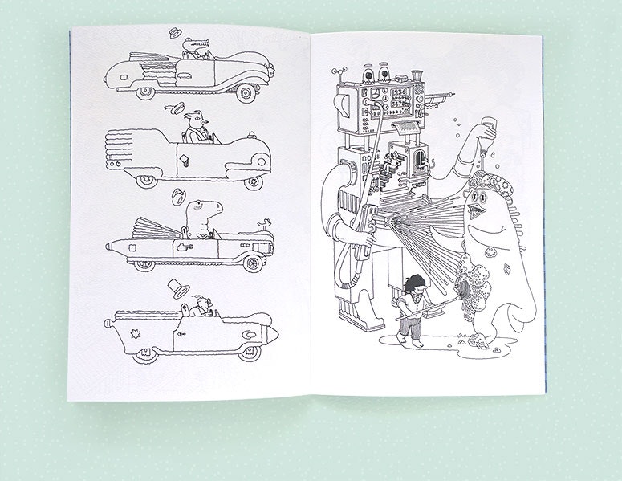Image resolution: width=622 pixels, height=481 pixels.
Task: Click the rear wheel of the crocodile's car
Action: tap(145, 92)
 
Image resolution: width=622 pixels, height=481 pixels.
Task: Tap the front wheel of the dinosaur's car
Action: tap(253, 263)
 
